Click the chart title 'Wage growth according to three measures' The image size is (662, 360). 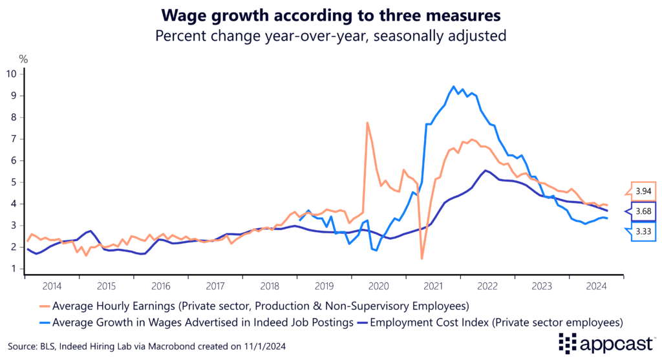pyautogui.click(x=330, y=14)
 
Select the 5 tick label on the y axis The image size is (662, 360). pyautogui.click(x=14, y=182)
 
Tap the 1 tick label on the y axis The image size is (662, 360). pyautogui.click(x=14, y=269)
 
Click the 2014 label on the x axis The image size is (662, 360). pyautogui.click(x=52, y=285)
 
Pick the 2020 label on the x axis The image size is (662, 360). pyautogui.click(x=379, y=285)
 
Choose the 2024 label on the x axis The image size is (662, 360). pyautogui.click(x=597, y=285)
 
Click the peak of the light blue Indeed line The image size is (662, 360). pyautogui.click(x=454, y=86)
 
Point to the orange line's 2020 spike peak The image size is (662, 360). pyautogui.click(x=367, y=123)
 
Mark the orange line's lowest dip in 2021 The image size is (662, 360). pyautogui.click(x=422, y=259)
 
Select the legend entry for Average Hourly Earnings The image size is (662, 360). pyautogui.click(x=259, y=304)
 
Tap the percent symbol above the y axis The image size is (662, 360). pyautogui.click(x=23, y=59)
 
